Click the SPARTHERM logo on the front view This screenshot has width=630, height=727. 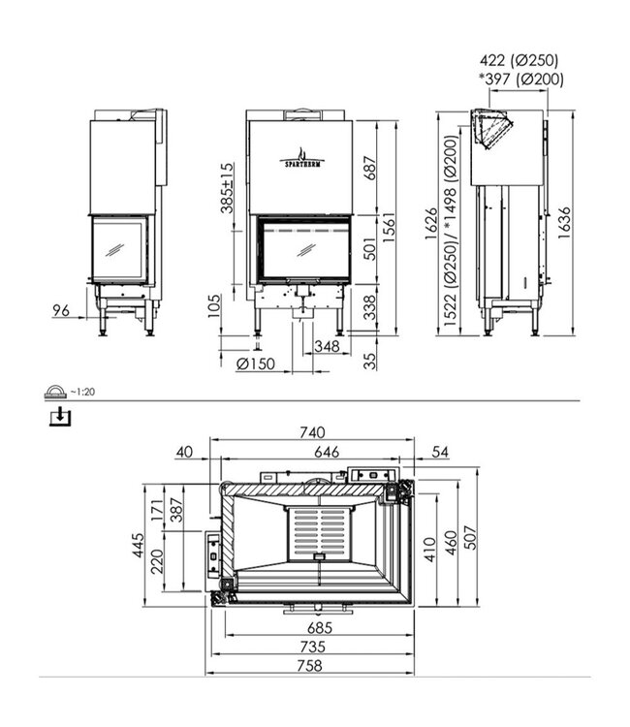[301, 159]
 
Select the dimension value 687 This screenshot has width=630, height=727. [367, 173]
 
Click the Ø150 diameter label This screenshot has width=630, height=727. [255, 363]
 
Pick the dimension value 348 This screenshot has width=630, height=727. [327, 345]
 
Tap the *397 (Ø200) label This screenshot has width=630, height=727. [516, 79]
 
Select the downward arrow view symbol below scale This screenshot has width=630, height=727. [60, 417]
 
